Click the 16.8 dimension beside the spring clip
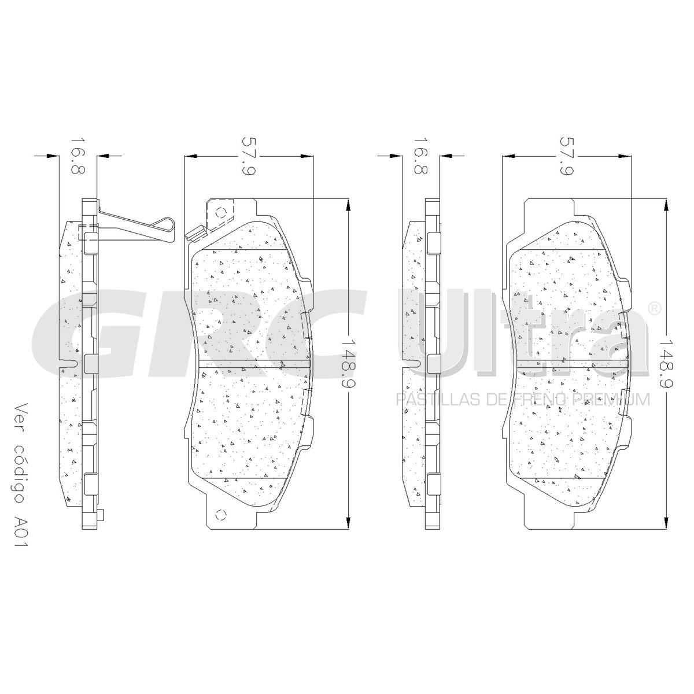[x=78, y=155]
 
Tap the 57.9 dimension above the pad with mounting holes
[x=249, y=156]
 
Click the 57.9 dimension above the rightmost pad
[x=567, y=156]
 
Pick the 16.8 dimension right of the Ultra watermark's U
[x=421, y=155]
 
